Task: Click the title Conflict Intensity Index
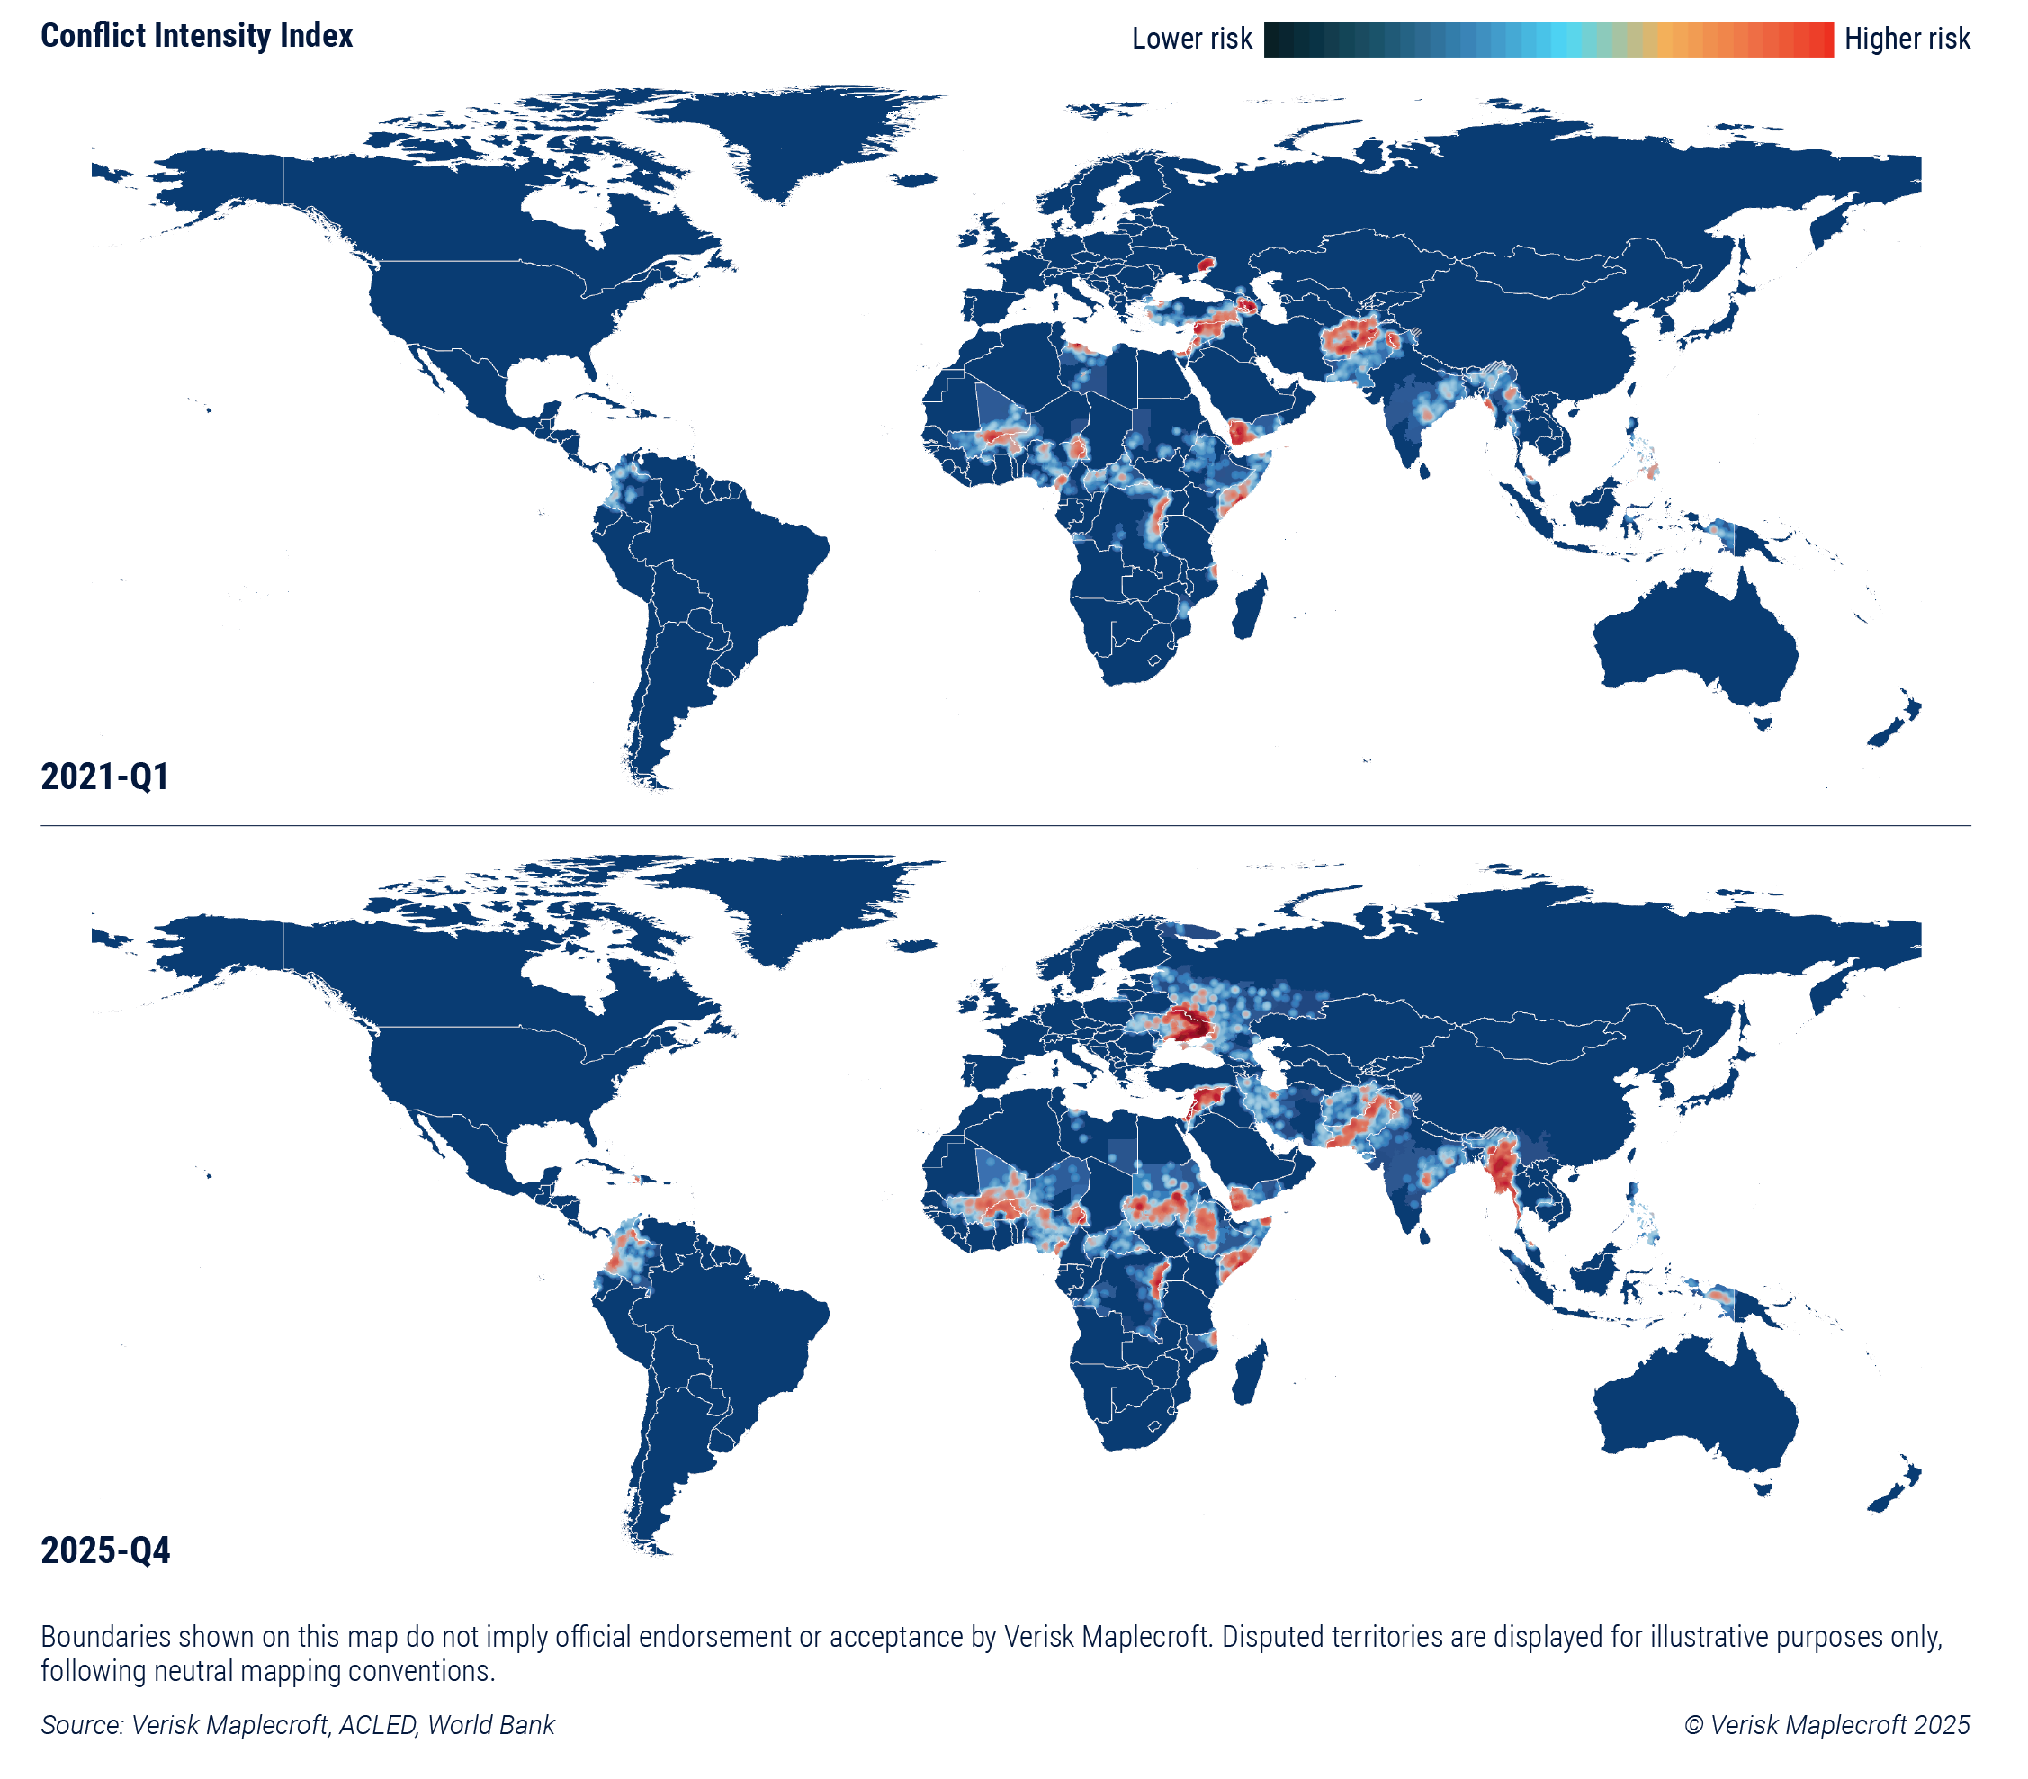[x=196, y=36]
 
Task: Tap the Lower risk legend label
[x=1190, y=39]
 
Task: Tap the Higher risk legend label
[x=1906, y=39]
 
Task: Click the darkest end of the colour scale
[x=1274, y=39]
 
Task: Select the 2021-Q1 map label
[x=104, y=776]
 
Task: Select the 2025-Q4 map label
[x=105, y=1550]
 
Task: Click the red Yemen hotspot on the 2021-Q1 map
[x=1240, y=433]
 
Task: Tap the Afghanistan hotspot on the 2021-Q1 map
[x=1353, y=338]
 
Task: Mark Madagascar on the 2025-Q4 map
[x=1250, y=1373]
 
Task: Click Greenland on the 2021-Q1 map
[x=794, y=139]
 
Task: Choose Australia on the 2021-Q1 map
[x=1691, y=645]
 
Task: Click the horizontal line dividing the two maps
[x=1005, y=825]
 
